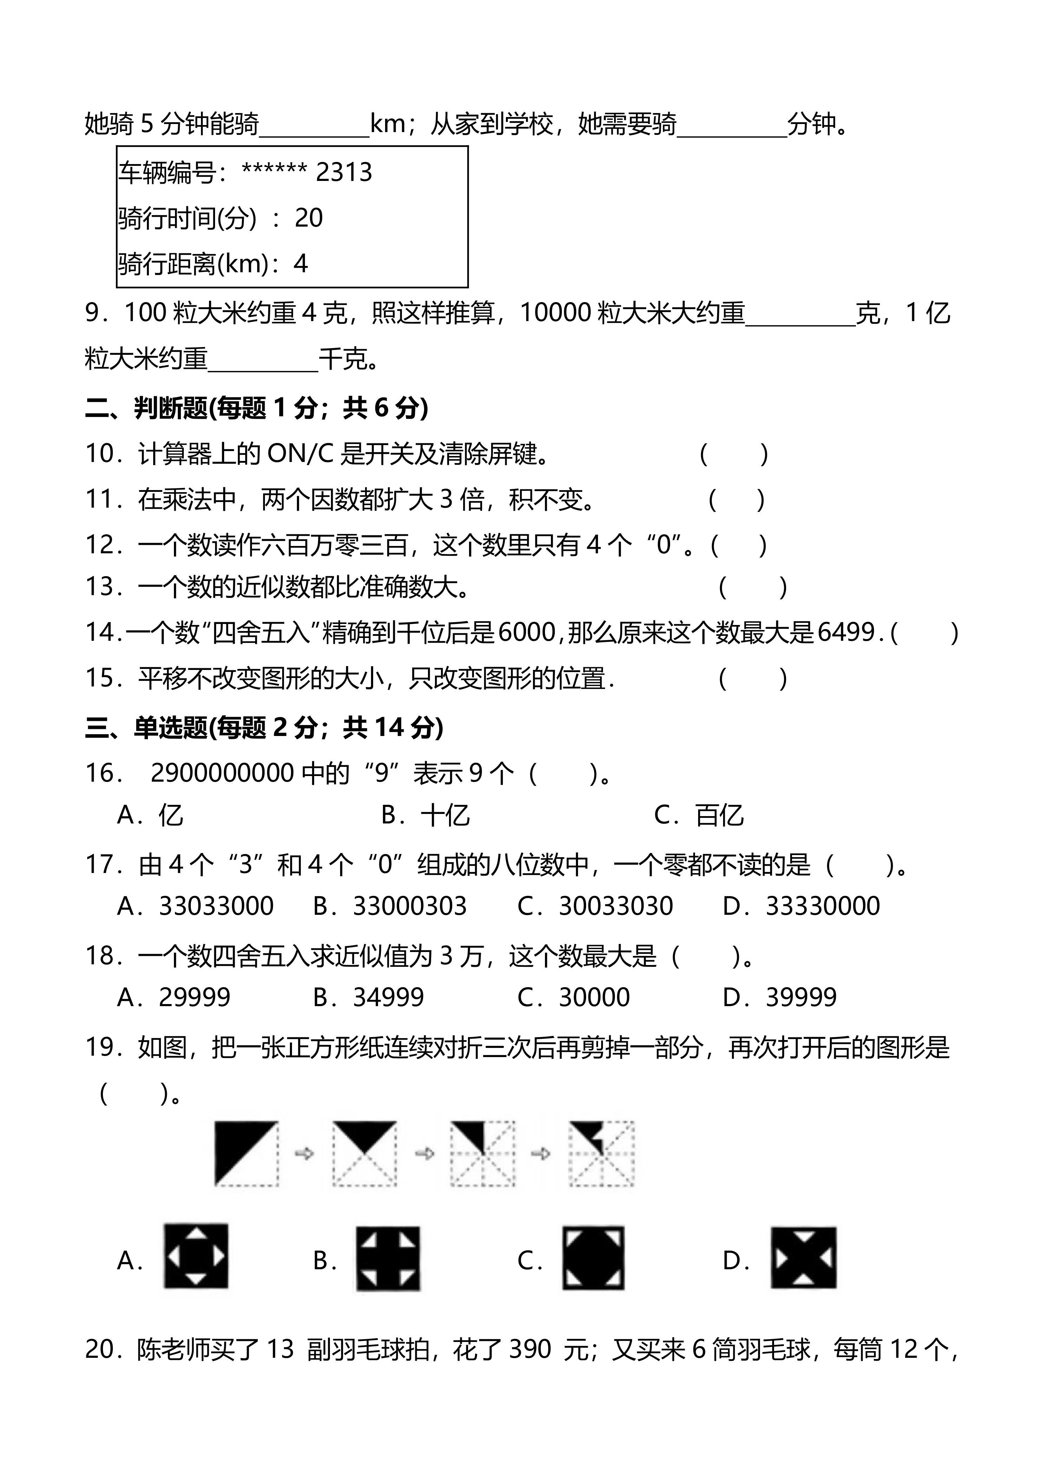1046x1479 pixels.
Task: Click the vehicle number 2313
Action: tap(344, 172)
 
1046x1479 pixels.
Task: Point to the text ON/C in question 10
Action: tap(299, 454)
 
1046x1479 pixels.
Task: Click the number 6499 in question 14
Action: tap(846, 633)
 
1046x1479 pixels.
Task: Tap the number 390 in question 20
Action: tap(530, 1349)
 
